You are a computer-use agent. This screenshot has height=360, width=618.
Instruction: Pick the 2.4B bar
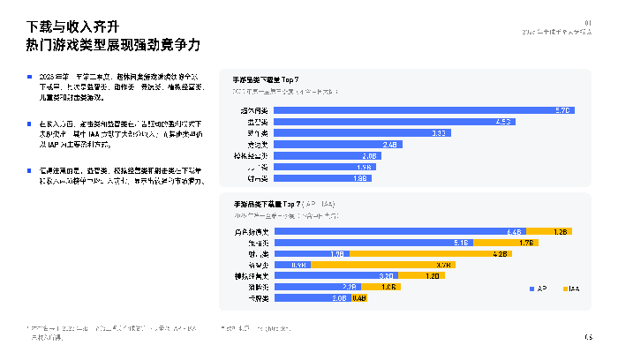point(340,144)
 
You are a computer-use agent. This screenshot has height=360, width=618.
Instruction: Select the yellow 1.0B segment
point(388,287)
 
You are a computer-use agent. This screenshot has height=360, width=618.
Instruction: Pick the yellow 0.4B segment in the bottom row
point(358,298)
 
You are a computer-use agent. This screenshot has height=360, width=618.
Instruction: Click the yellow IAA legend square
point(562,288)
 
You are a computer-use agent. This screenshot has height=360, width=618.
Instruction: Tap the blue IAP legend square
point(531,288)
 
